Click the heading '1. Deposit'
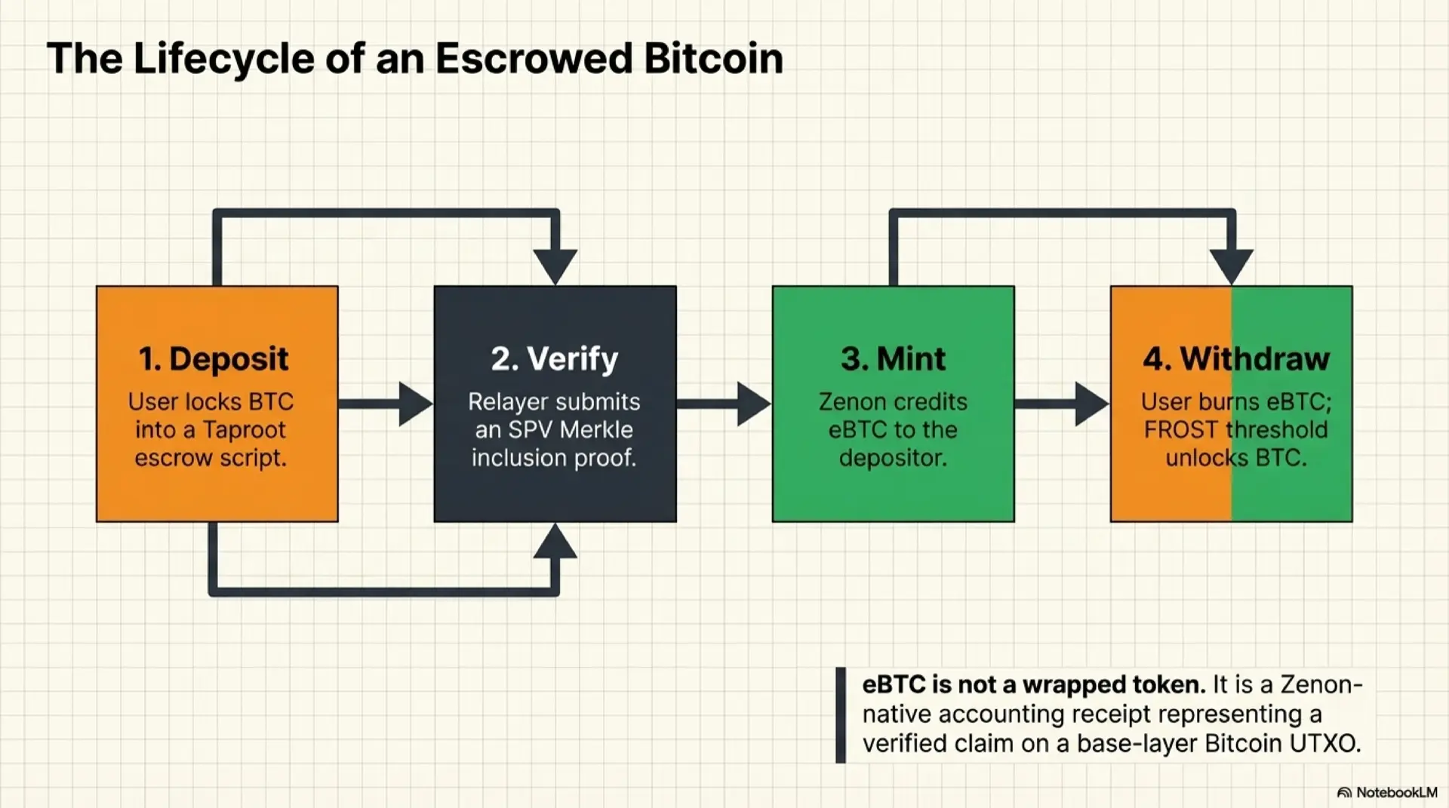(214, 359)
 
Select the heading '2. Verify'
(555, 359)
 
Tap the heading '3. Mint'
(893, 359)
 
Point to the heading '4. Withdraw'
(1236, 359)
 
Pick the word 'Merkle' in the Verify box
(596, 430)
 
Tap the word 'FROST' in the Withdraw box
(1182, 430)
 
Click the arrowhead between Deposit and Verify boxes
(415, 404)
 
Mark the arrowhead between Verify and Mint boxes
(753, 404)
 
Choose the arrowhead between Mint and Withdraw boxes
(1091, 404)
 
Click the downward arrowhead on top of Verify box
(555, 266)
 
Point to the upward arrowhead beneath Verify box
(555, 542)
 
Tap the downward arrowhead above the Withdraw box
(1232, 266)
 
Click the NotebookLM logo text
(1395, 792)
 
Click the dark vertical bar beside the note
(841, 714)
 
